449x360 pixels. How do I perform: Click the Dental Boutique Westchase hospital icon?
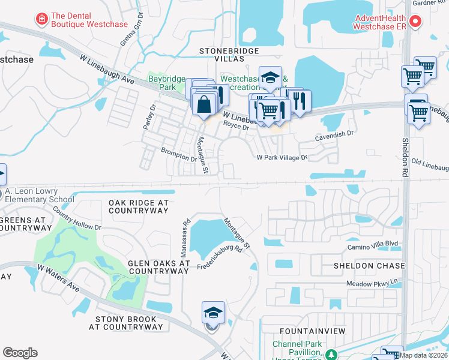pos(41,19)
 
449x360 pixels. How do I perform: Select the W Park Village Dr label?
pos(282,157)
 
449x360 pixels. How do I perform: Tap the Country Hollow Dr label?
pos(77,219)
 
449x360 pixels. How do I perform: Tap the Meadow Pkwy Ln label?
pos(372,283)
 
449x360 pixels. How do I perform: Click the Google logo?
pos(20,352)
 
